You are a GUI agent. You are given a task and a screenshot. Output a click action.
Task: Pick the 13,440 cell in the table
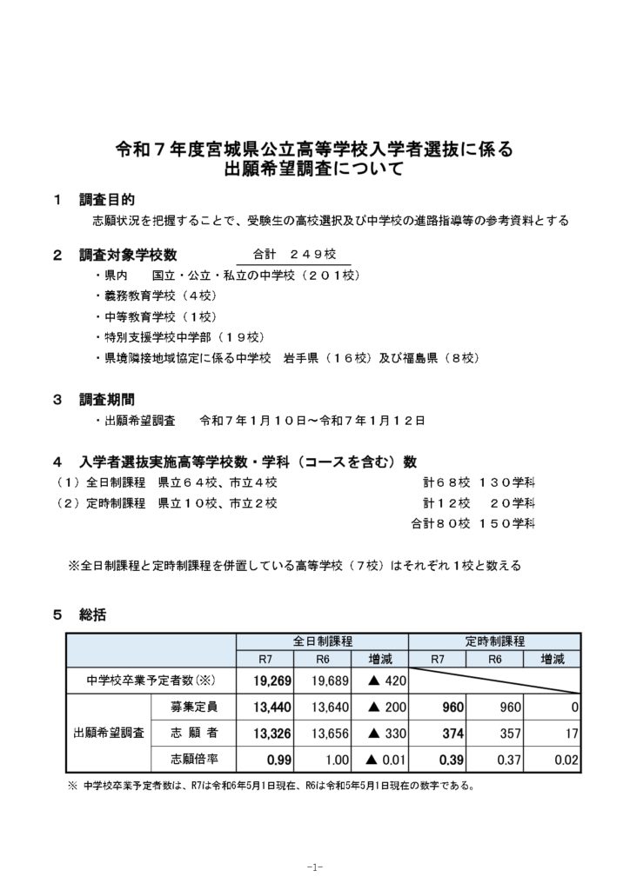coord(273,708)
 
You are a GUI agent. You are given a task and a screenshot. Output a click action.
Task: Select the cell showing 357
coord(506,734)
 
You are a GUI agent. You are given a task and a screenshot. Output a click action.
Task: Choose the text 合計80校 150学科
coord(474,523)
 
